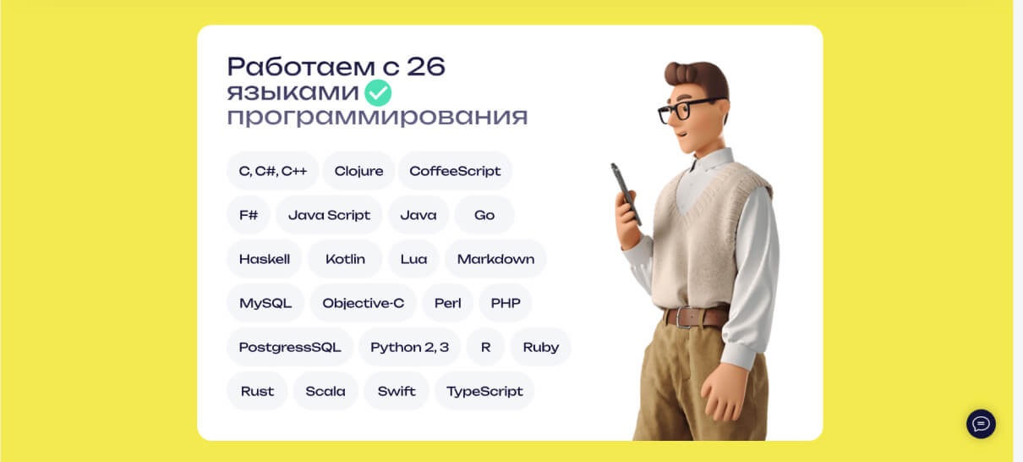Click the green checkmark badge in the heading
tap(378, 93)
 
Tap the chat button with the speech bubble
tap(981, 424)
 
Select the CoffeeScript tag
tap(455, 171)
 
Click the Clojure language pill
tap(358, 171)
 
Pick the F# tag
tap(249, 215)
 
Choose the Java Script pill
tap(329, 215)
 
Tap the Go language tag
tap(484, 215)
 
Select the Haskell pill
tap(265, 259)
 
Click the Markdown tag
tap(495, 259)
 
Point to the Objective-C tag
tap(363, 303)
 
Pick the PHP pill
tap(506, 303)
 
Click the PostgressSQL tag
tap(290, 347)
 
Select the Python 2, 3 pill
tap(410, 347)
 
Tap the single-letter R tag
tap(485, 347)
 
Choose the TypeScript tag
tap(484, 391)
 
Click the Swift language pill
tap(397, 391)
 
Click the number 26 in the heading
tap(425, 67)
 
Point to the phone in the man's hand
tap(626, 195)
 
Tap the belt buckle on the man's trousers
tap(685, 317)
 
